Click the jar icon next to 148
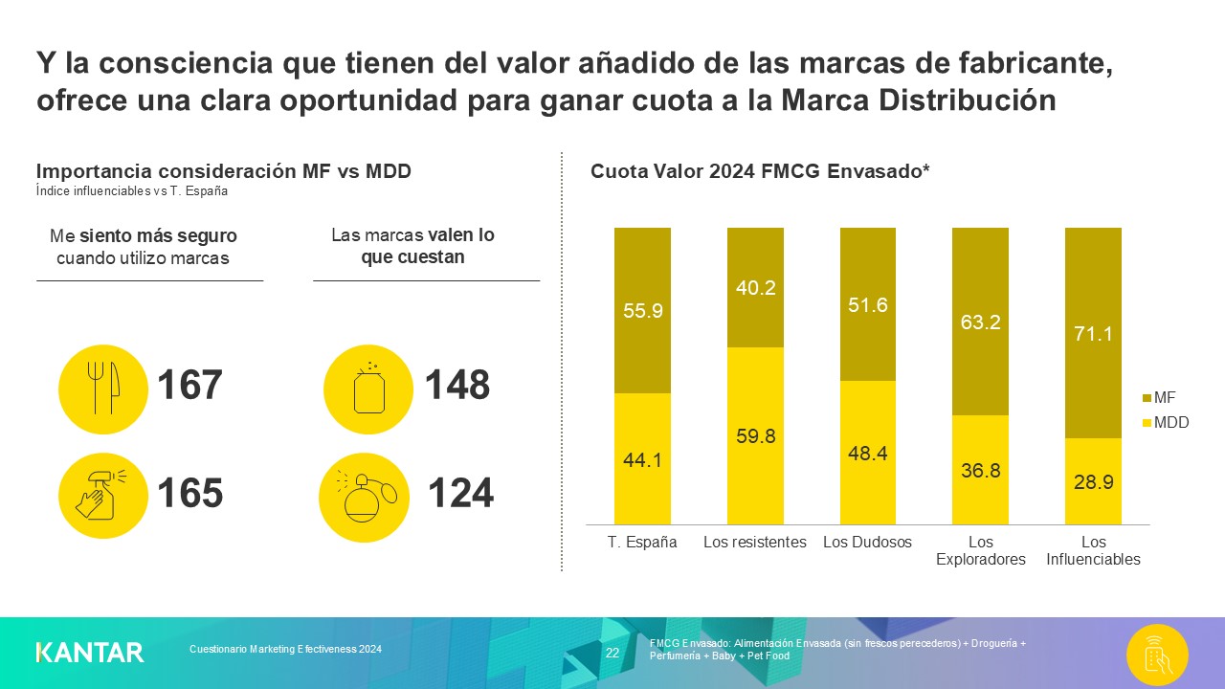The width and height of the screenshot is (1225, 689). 367,389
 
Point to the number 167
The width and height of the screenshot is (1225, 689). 189,386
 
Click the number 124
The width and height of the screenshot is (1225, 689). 460,494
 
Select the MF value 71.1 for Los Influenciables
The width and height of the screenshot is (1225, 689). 1093,334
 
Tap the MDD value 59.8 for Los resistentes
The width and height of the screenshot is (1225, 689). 755,436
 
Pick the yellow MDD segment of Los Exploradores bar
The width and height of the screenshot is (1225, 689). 980,470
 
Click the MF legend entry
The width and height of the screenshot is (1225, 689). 1158,396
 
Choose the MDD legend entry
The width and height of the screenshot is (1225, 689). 1164,422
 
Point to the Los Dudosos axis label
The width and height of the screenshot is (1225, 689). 867,543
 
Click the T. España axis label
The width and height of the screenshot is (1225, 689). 642,543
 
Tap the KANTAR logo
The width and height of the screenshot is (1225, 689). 90,653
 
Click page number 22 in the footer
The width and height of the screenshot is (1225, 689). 612,653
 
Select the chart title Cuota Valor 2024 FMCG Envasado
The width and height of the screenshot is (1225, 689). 761,172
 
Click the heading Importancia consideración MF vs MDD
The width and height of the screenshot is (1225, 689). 223,171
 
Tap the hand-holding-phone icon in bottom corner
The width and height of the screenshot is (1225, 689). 1157,655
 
